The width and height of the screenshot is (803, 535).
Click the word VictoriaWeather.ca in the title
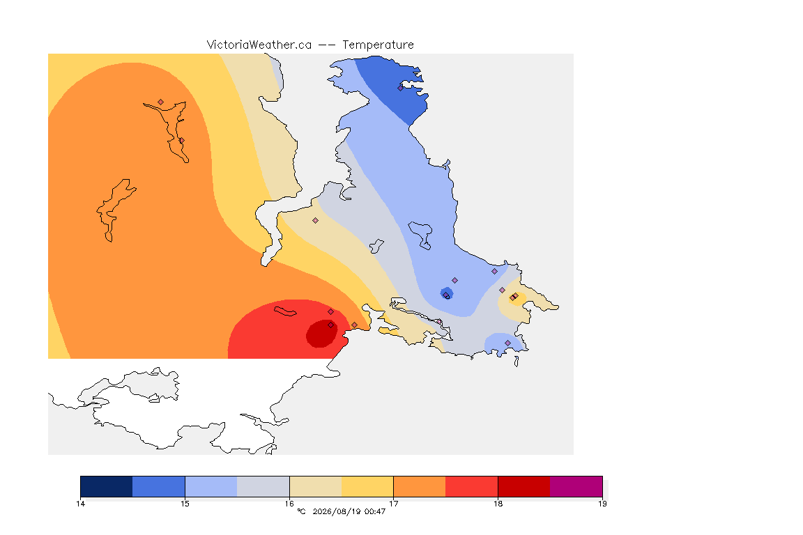[259, 45]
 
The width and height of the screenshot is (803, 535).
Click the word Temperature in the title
[378, 45]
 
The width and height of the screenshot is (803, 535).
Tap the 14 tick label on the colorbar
[80, 504]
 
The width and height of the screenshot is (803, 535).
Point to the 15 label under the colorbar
[185, 504]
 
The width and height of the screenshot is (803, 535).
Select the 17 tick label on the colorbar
[393, 504]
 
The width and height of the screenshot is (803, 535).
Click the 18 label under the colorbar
[498, 504]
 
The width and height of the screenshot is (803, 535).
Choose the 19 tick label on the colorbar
[602, 504]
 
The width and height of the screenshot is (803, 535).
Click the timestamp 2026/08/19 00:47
[349, 511]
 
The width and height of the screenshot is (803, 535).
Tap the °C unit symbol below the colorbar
[301, 511]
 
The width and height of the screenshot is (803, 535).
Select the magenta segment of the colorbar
[576, 486]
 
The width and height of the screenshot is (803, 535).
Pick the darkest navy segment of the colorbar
[107, 486]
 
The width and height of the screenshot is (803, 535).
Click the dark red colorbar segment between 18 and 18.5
[524, 486]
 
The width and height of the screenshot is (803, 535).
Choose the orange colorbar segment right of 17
[420, 486]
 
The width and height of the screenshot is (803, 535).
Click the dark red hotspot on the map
[321, 334]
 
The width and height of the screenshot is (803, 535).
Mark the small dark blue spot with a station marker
[447, 293]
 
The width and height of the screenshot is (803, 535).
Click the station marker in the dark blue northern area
[401, 88]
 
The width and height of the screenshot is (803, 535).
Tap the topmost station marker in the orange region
[161, 102]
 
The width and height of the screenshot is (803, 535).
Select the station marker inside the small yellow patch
[514, 297]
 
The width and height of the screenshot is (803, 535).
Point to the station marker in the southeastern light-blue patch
[508, 343]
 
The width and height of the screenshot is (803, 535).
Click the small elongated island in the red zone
[285, 311]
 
